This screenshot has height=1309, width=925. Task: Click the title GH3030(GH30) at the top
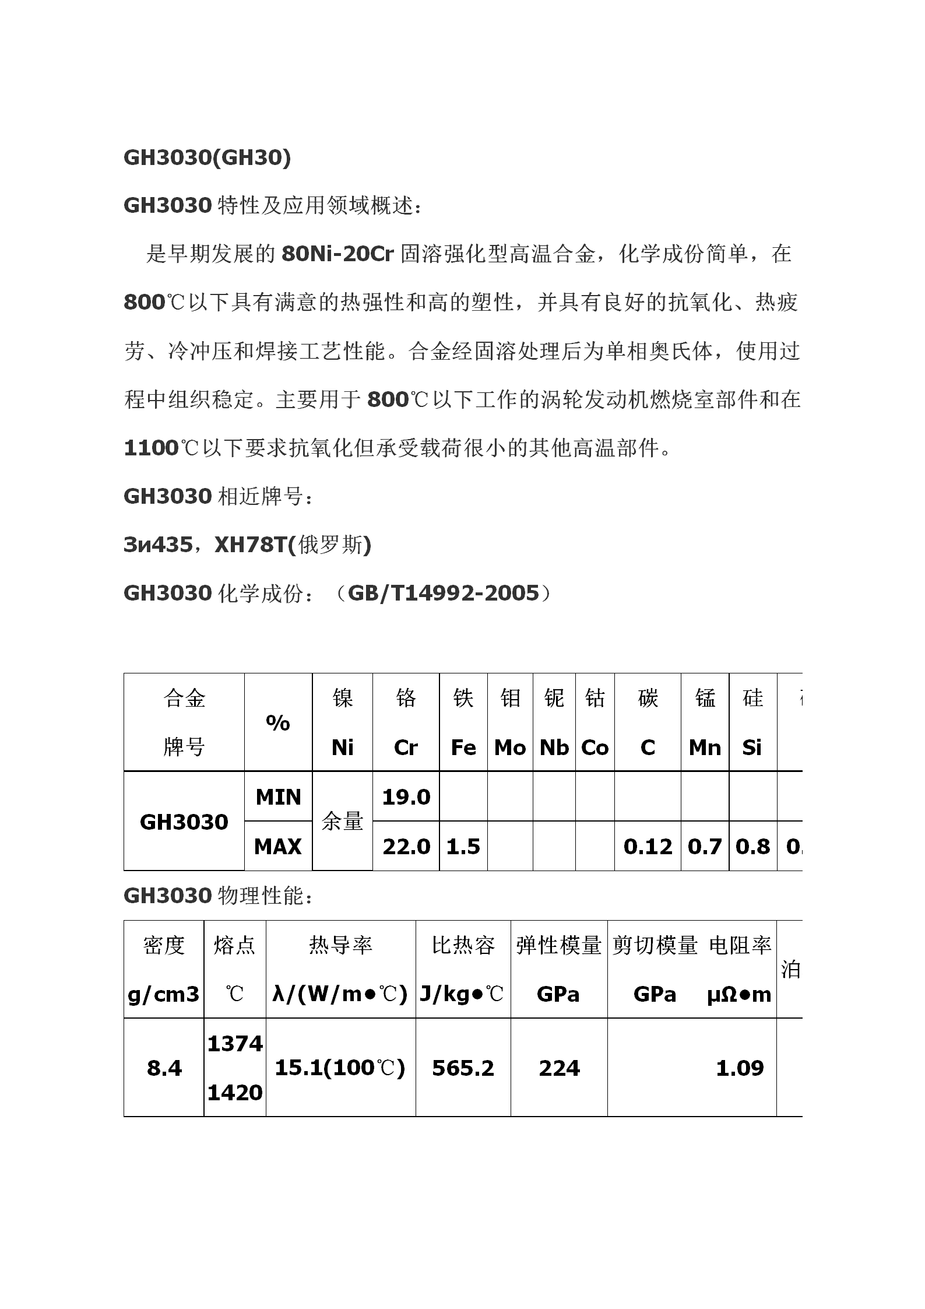(207, 158)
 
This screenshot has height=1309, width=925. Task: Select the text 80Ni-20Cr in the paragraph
(337, 254)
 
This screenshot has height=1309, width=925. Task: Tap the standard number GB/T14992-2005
(443, 593)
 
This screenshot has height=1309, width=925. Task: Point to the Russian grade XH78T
(252, 545)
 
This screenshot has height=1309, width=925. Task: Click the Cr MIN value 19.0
(406, 796)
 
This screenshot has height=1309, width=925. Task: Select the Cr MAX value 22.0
(406, 846)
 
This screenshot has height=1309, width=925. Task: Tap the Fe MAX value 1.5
(463, 846)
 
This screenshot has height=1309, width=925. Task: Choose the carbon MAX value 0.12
(648, 846)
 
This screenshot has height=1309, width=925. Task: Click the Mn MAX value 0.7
(705, 846)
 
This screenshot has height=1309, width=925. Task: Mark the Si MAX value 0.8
(752, 846)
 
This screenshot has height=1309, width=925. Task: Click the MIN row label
(278, 796)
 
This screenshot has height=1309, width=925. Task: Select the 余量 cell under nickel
(342, 821)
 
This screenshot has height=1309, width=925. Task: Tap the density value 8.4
(164, 1068)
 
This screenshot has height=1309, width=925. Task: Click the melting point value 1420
(235, 1092)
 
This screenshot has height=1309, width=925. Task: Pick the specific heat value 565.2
(463, 1068)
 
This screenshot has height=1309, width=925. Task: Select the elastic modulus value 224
(559, 1068)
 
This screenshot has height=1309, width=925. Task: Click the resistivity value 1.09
(740, 1068)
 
